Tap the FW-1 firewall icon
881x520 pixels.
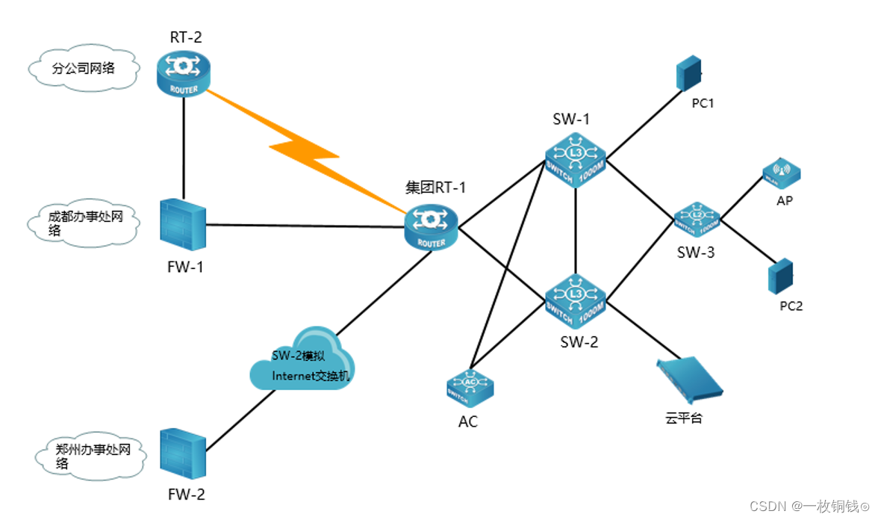[182, 224]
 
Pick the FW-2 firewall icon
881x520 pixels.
[182, 453]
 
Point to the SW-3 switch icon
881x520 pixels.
[696, 217]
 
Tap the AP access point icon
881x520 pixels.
[781, 173]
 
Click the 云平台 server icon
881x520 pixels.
[689, 378]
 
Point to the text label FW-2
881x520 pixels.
[186, 494]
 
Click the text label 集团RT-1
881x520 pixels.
[435, 188]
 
